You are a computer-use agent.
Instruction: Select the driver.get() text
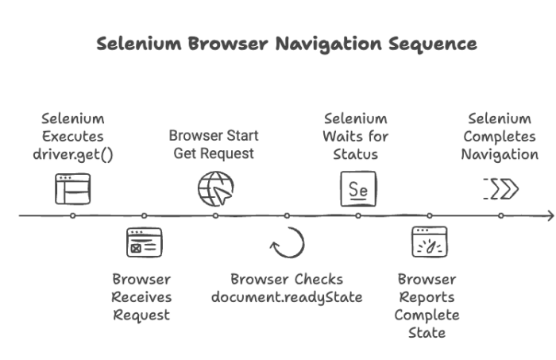pyautogui.click(x=73, y=153)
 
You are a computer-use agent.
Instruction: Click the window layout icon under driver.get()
pyautogui.click(x=73, y=189)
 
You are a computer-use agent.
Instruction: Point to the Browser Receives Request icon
pyautogui.click(x=144, y=242)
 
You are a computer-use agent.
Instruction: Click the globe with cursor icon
pyautogui.click(x=216, y=189)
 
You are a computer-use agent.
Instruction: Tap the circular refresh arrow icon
pyautogui.click(x=287, y=243)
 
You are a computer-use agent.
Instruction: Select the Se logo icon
pyautogui.click(x=358, y=190)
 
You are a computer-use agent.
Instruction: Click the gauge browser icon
pyautogui.click(x=429, y=242)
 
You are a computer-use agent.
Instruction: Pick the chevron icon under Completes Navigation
pyautogui.click(x=500, y=189)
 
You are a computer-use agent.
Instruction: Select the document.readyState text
pyautogui.click(x=287, y=297)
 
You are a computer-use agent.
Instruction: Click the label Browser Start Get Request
pyautogui.click(x=214, y=144)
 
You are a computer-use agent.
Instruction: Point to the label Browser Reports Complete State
pyautogui.click(x=427, y=306)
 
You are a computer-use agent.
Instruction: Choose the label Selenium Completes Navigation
pyautogui.click(x=500, y=136)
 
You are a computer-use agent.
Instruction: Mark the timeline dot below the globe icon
pyautogui.click(x=215, y=215)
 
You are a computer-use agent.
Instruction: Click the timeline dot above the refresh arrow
pyautogui.click(x=287, y=215)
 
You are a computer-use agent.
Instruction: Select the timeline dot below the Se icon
pyautogui.click(x=358, y=215)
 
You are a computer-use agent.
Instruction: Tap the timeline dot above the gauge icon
pyautogui.click(x=430, y=215)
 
